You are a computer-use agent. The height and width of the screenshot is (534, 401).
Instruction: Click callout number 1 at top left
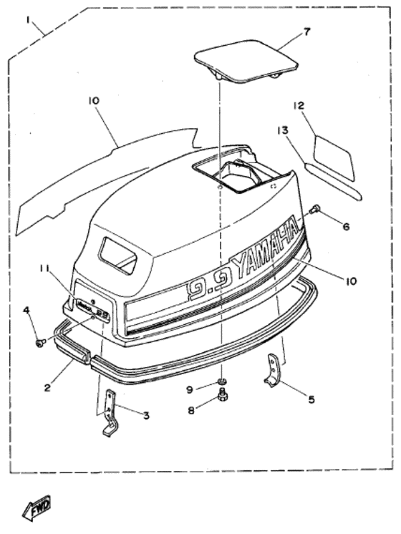click(29, 21)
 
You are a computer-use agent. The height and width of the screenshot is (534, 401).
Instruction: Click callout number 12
click(299, 107)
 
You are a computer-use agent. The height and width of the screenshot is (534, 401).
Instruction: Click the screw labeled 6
click(315, 210)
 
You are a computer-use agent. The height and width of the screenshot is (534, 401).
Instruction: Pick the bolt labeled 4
click(40, 344)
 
